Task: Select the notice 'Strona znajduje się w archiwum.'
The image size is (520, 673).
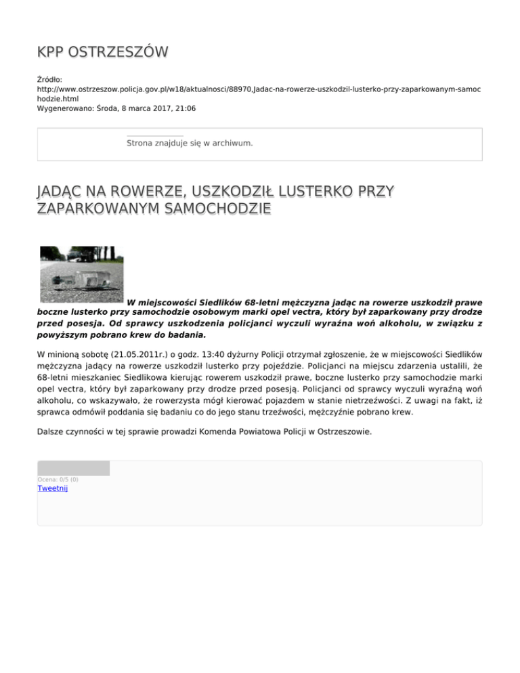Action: coord(190,144)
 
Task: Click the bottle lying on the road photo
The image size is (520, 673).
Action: coord(82,274)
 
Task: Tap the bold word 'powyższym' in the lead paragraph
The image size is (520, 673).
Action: coord(65,334)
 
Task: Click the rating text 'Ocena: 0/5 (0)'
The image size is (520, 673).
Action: coord(58,479)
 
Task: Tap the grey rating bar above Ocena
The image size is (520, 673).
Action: coord(73,468)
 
